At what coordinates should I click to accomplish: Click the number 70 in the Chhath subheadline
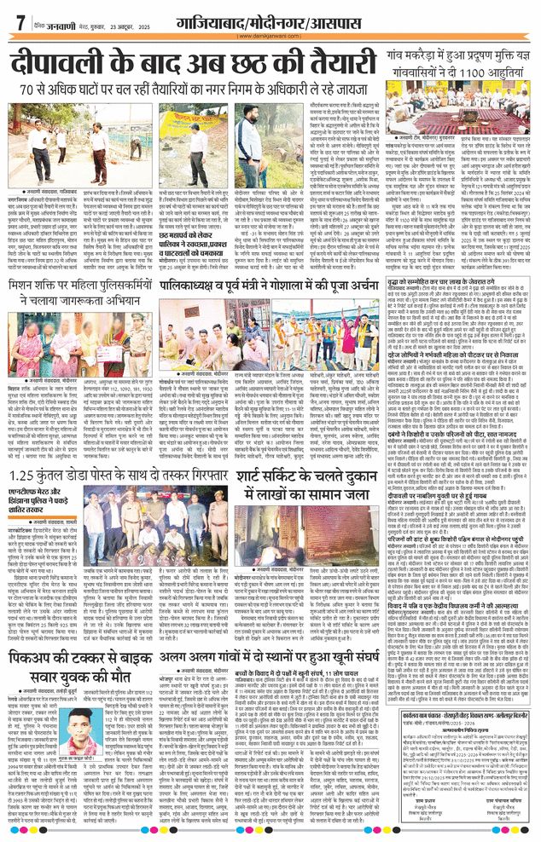pos(67,89)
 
